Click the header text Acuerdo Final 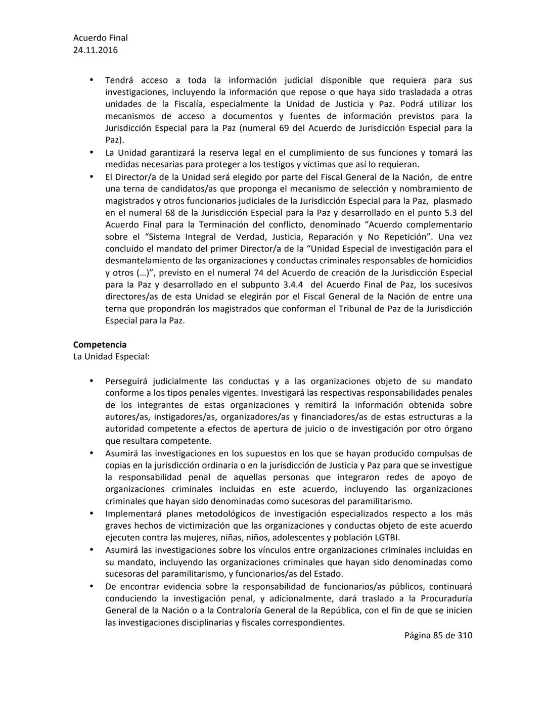pos(100,38)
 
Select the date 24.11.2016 pos(96,50)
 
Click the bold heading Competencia pos(100,345)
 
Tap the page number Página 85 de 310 pos(438,635)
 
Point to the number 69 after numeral pos(285,128)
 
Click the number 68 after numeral pos(169,213)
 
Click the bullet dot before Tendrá pos(92,80)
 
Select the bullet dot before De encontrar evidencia pos(92,586)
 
